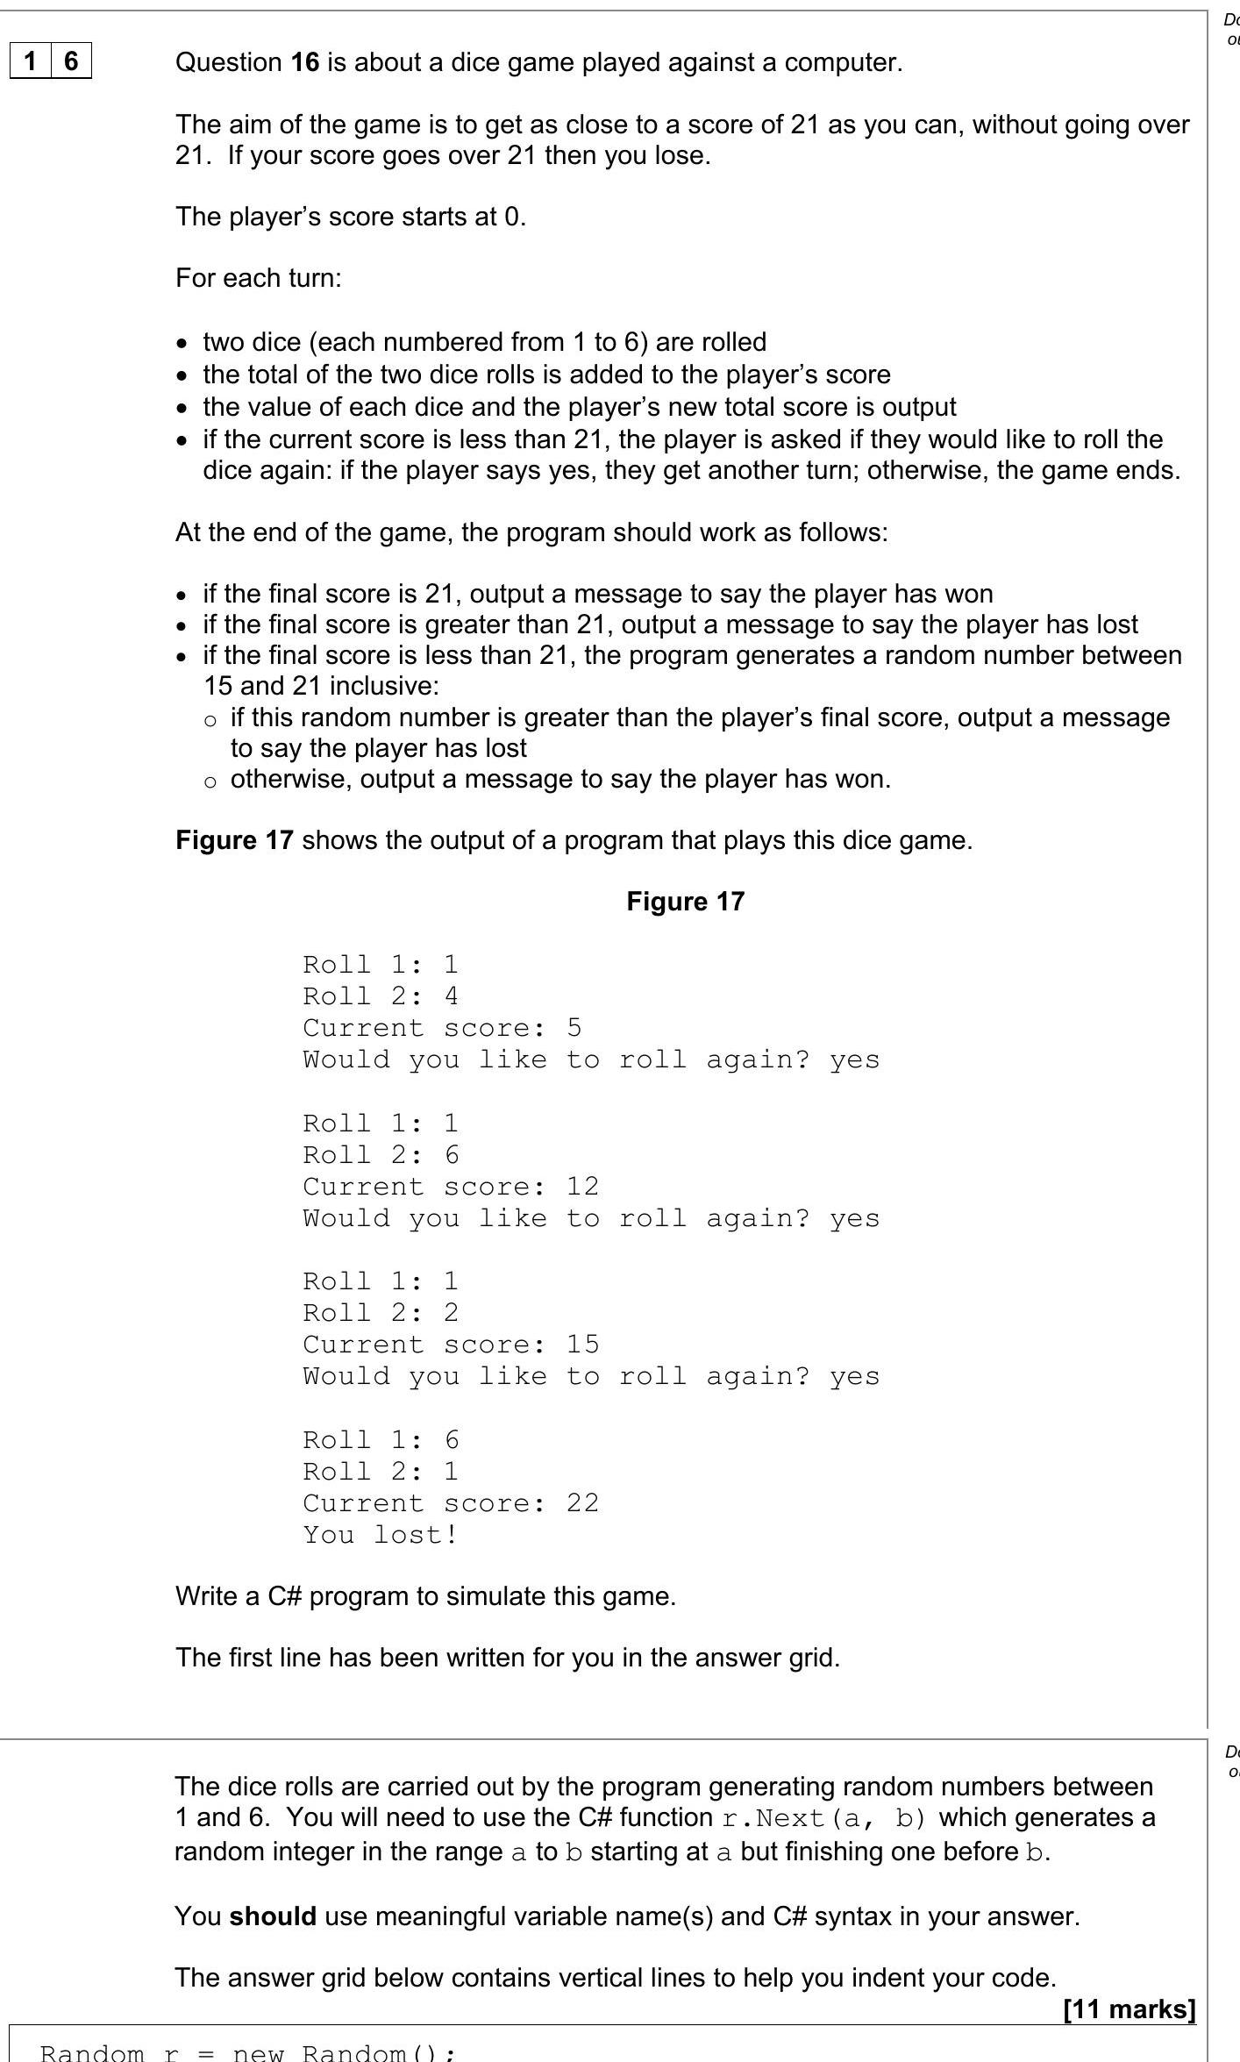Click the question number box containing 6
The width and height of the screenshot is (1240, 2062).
click(x=71, y=61)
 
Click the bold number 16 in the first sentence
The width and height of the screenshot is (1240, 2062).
click(x=305, y=62)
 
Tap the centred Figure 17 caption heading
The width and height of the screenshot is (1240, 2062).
click(x=685, y=902)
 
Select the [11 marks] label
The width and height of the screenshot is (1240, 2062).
click(x=1129, y=2009)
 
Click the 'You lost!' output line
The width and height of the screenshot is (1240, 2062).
click(x=380, y=1535)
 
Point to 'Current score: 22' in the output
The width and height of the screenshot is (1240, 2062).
click(x=450, y=1503)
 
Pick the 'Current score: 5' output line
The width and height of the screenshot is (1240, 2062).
click(x=441, y=1028)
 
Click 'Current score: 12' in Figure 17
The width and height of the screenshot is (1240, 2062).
click(x=450, y=1187)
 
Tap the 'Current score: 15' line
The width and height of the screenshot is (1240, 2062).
click(x=450, y=1345)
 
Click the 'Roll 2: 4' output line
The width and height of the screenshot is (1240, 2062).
click(x=380, y=996)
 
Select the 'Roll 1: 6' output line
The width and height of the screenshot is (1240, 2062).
click(x=380, y=1440)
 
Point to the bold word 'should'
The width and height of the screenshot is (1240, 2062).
click(x=273, y=1916)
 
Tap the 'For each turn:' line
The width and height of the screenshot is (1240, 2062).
click(x=259, y=278)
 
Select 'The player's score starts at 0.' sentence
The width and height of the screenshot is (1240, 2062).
click(x=351, y=217)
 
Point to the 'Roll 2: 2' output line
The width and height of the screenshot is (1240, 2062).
click(x=380, y=1313)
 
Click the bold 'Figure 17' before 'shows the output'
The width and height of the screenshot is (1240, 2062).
click(x=234, y=840)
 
